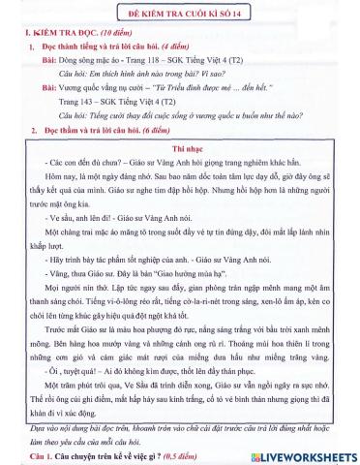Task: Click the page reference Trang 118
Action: click(x=143, y=59)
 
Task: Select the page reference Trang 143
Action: click(x=75, y=100)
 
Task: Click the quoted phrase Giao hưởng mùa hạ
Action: click(x=177, y=274)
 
